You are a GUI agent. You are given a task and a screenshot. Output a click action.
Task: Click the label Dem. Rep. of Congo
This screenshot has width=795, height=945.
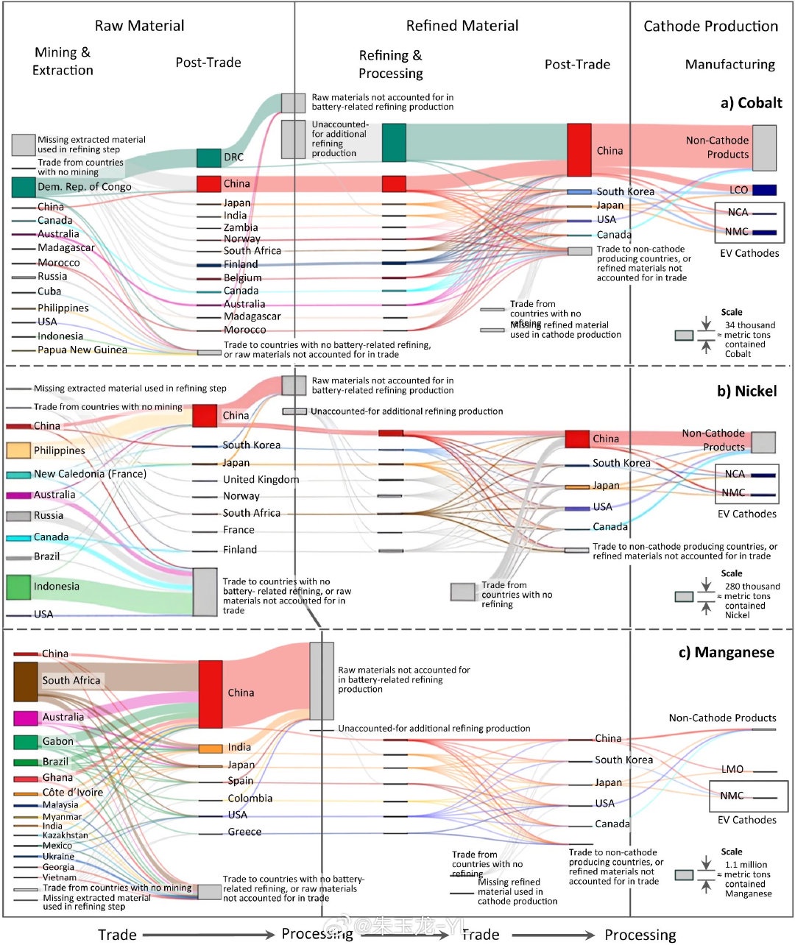pyautogui.click(x=84, y=187)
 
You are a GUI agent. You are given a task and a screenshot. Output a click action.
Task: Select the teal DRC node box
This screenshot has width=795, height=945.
pyautogui.click(x=208, y=158)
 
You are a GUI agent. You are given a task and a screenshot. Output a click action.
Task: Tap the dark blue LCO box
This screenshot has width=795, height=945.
pyautogui.click(x=764, y=190)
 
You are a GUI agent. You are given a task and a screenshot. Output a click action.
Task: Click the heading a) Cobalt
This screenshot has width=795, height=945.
pyautogui.click(x=751, y=103)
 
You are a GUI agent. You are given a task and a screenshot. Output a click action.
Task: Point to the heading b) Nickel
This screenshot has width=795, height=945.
pyautogui.click(x=746, y=391)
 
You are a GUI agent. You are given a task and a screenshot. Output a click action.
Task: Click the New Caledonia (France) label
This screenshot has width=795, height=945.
pyautogui.click(x=90, y=474)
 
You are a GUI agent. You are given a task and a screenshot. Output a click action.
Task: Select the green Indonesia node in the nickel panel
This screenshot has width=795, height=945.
pyautogui.click(x=18, y=587)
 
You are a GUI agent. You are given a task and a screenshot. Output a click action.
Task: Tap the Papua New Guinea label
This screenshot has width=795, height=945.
pyautogui.click(x=82, y=350)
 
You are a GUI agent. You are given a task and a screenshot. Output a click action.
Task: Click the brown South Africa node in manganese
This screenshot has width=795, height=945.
pyautogui.click(x=25, y=682)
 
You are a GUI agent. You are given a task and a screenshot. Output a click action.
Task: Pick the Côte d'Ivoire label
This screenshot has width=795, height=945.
pyautogui.click(x=72, y=793)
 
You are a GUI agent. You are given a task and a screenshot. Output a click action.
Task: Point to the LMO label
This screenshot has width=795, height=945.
pyautogui.click(x=732, y=769)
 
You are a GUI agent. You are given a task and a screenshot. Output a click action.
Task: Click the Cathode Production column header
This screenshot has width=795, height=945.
pyautogui.click(x=710, y=26)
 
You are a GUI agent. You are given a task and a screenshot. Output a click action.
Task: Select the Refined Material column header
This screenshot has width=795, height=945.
pyautogui.click(x=462, y=26)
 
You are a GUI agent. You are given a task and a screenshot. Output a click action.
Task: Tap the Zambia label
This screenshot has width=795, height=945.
pyautogui.click(x=241, y=227)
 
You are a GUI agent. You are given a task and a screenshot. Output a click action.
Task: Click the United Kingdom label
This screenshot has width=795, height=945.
pyautogui.click(x=261, y=479)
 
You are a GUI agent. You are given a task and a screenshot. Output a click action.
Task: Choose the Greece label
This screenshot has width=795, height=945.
pyautogui.click(x=244, y=832)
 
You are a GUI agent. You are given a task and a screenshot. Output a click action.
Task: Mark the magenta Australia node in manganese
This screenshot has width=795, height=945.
pyautogui.click(x=26, y=718)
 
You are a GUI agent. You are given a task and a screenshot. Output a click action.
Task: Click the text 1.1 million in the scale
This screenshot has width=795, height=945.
pyautogui.click(x=746, y=865)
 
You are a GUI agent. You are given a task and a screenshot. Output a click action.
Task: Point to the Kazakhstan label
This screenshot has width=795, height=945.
pyautogui.click(x=65, y=835)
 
